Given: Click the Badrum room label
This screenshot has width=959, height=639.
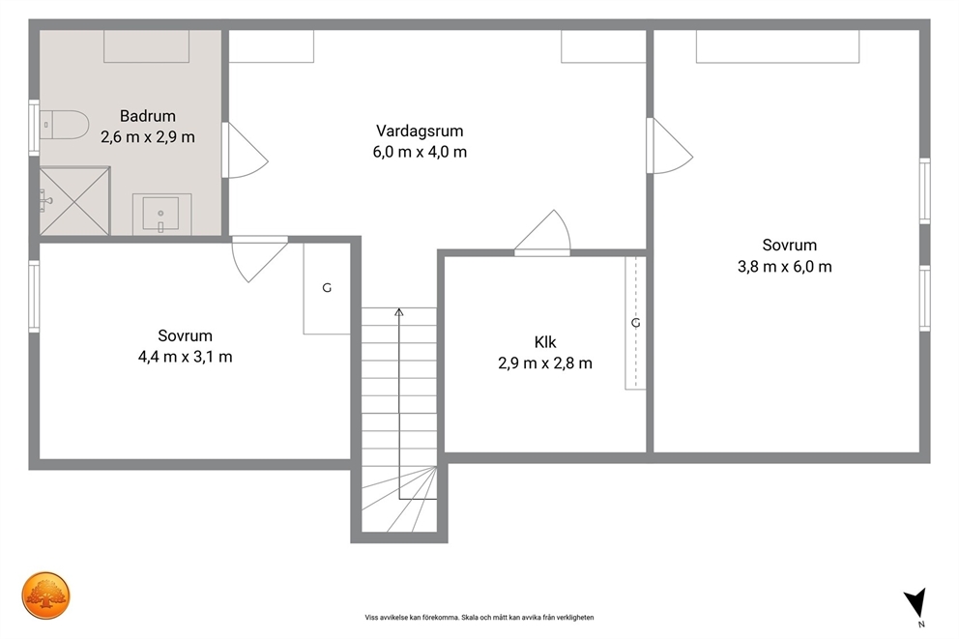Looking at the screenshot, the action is [x=147, y=116].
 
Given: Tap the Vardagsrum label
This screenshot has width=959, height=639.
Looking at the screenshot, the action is [x=420, y=131].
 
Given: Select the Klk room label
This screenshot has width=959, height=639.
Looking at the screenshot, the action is [x=545, y=342].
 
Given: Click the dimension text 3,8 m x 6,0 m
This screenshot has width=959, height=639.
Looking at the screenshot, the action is [x=785, y=266].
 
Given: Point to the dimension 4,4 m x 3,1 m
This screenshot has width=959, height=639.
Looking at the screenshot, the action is [x=186, y=357].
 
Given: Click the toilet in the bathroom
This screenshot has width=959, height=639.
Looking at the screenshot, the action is [x=64, y=125].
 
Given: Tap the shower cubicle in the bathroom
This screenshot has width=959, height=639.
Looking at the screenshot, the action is [x=74, y=200].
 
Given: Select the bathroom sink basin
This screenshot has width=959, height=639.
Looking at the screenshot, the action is [x=160, y=214].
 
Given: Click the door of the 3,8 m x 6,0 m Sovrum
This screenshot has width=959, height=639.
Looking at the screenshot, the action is [x=670, y=146].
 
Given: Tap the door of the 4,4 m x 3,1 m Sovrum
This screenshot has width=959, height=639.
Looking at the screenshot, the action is [x=259, y=259].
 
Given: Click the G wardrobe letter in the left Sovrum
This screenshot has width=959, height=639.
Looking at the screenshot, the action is [x=327, y=287].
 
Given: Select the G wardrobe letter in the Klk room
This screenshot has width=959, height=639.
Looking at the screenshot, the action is [x=635, y=322].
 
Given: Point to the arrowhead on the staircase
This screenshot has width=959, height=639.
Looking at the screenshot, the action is [x=398, y=312].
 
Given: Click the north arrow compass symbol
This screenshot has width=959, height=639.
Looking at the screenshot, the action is [x=916, y=603].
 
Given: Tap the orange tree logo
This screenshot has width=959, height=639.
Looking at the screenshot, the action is [x=45, y=595].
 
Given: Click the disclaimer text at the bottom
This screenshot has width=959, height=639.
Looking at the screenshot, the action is [x=479, y=618].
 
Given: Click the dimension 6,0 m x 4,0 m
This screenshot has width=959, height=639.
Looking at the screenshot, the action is [x=420, y=152].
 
